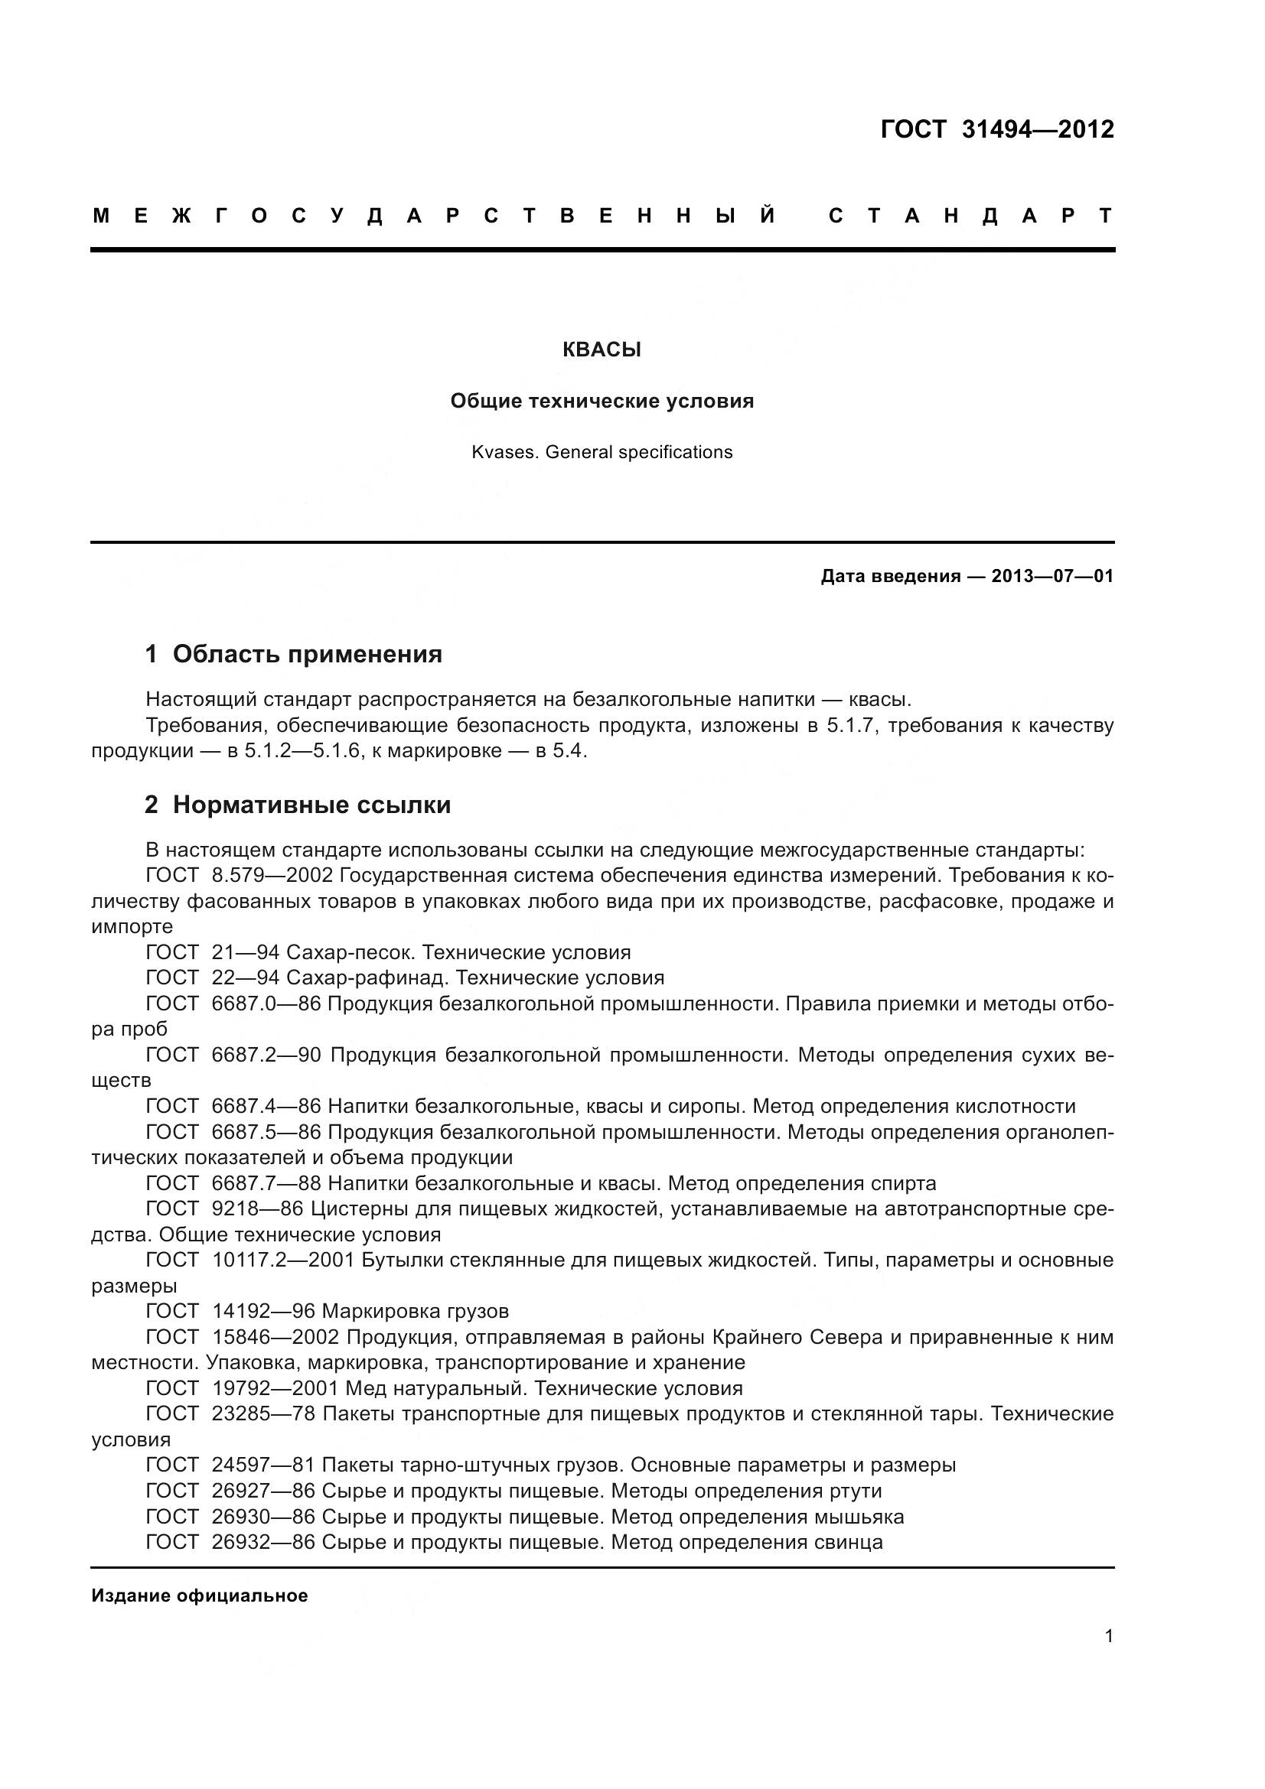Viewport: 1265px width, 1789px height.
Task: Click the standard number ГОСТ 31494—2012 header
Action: point(997,129)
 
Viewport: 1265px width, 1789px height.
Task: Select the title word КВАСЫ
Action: point(602,350)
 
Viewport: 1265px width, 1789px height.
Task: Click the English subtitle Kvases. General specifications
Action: point(602,452)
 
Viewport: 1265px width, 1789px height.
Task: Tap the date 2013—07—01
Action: point(1052,577)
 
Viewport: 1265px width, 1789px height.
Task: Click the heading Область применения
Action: point(307,654)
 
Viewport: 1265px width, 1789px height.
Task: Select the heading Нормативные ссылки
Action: point(311,804)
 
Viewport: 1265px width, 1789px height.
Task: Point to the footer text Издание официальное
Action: point(200,1595)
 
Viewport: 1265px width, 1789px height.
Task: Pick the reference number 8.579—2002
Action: point(272,876)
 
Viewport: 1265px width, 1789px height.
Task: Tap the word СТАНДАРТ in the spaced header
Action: point(971,216)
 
